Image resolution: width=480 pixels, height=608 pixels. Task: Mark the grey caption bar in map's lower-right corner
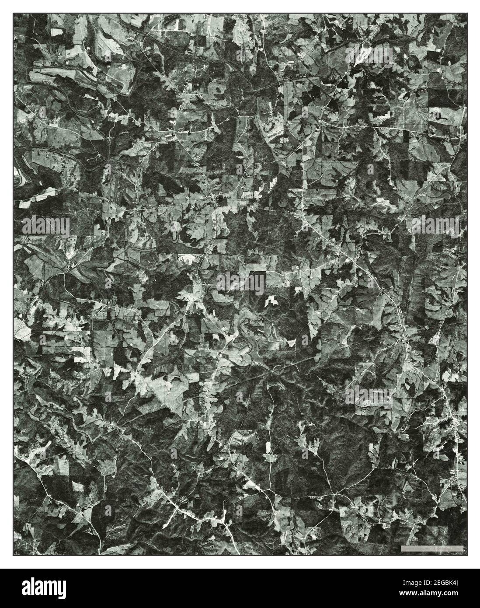(x=431, y=548)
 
